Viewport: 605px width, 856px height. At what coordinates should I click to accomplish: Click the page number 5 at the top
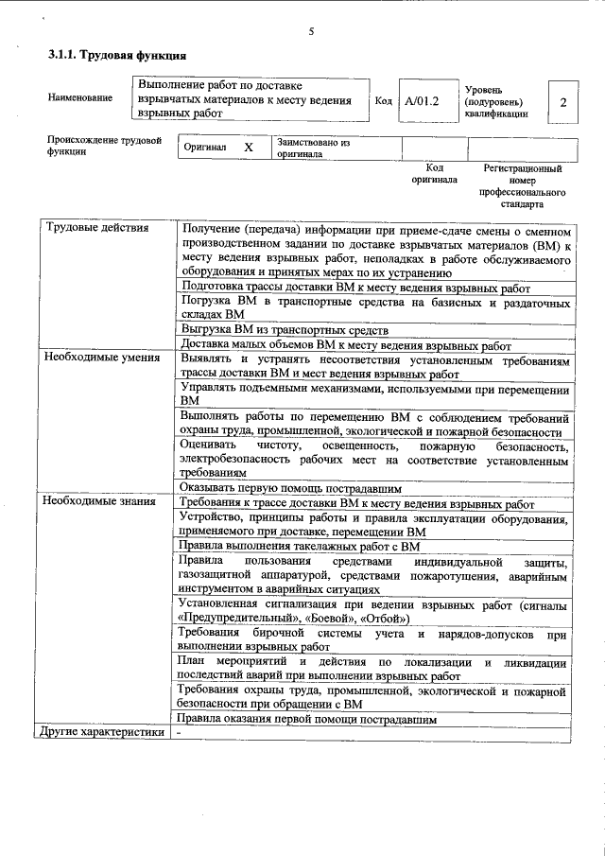tap(310, 32)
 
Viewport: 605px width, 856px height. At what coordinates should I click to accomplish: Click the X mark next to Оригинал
tap(249, 148)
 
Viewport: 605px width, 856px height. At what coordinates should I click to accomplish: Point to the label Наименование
tap(80, 97)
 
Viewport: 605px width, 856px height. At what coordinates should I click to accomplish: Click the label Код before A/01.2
tap(383, 99)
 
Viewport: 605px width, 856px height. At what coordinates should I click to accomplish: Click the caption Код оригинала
tap(434, 173)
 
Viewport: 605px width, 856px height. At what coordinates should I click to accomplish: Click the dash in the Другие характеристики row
tap(180, 732)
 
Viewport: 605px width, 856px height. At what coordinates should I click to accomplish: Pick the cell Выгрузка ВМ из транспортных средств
tap(284, 330)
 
